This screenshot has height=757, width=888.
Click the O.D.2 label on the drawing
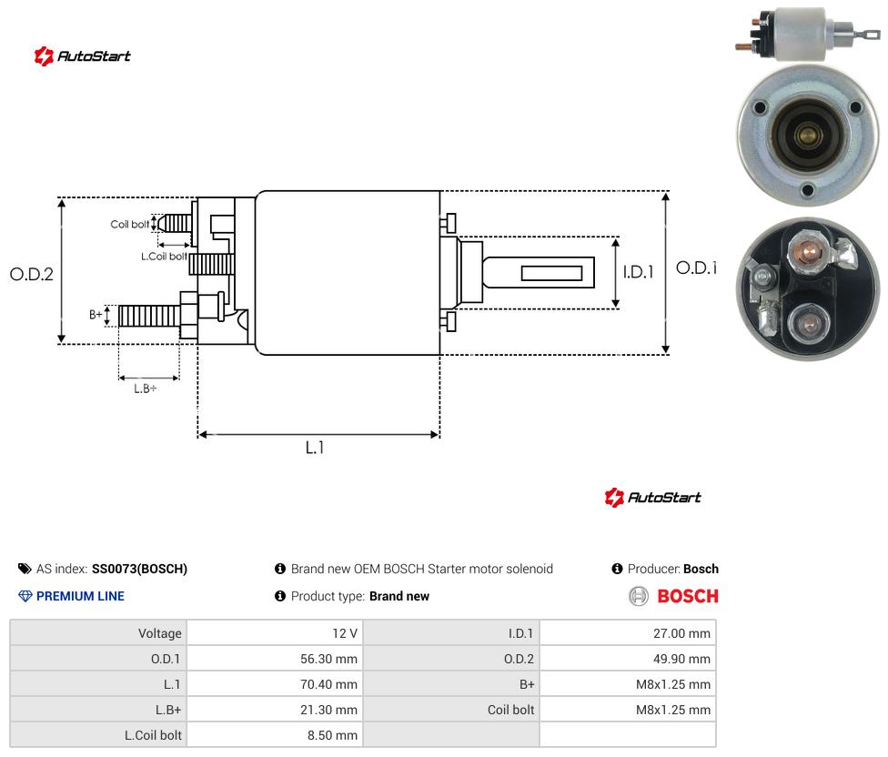(32, 274)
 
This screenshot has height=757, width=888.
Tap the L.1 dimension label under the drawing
(315, 448)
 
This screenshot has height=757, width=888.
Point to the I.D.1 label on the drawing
(639, 272)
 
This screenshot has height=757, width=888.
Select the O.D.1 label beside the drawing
(697, 267)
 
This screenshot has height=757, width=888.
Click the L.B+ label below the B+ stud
(146, 389)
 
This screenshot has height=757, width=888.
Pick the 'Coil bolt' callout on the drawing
(130, 224)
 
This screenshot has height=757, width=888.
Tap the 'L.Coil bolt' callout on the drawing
(164, 257)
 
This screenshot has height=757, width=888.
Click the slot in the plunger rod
(551, 274)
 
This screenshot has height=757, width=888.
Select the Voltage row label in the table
(160, 633)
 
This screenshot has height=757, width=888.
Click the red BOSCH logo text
(688, 596)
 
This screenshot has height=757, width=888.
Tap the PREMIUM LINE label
(80, 596)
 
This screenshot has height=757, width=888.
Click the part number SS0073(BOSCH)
(139, 569)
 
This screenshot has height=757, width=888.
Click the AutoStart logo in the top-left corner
(83, 56)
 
